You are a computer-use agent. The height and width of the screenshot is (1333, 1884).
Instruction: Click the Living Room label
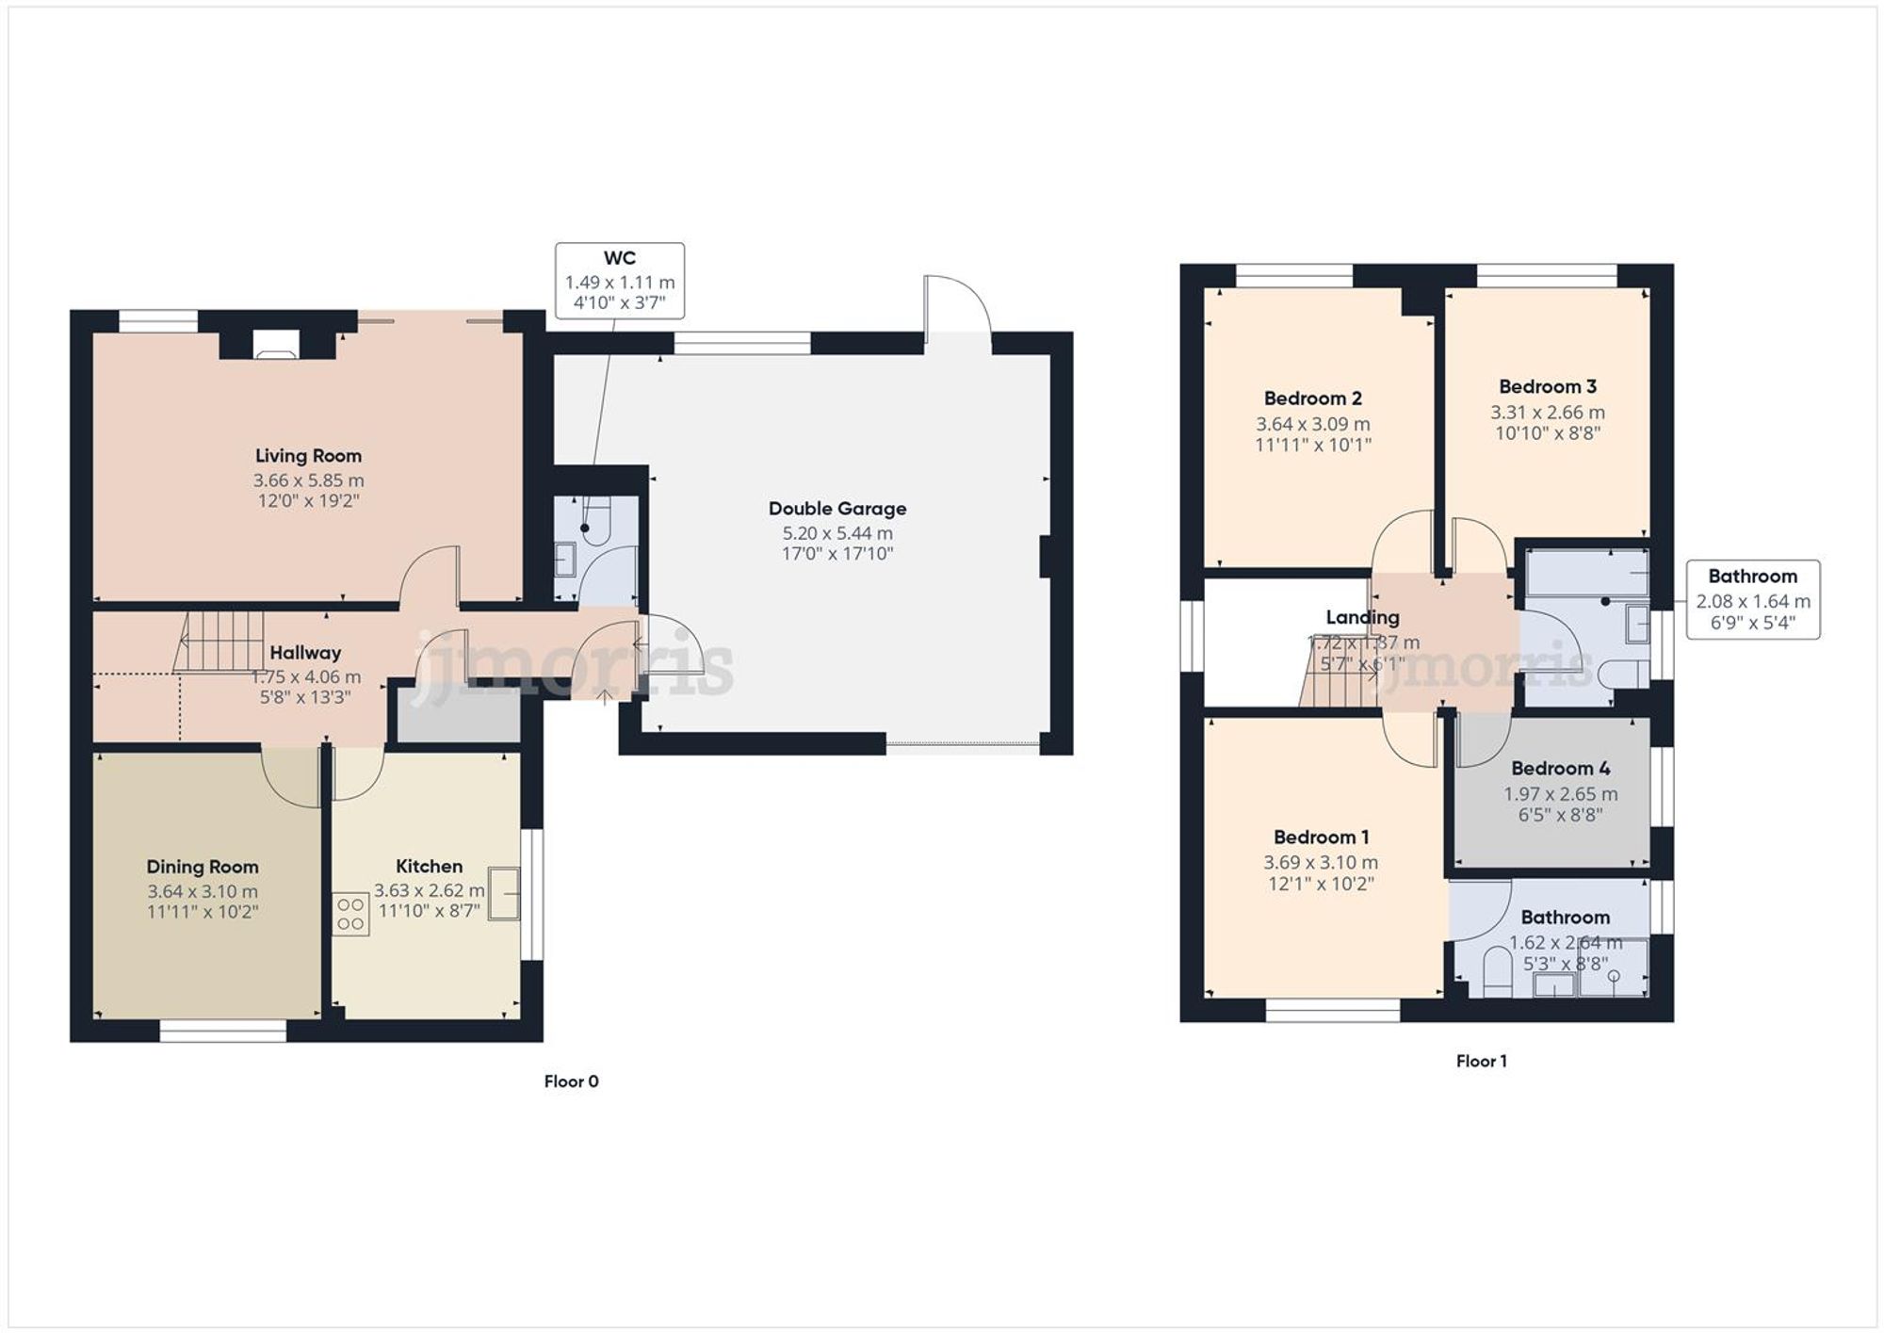click(308, 456)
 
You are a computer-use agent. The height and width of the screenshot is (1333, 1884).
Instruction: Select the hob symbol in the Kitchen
click(350, 914)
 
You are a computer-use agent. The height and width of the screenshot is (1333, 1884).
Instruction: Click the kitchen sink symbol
click(504, 892)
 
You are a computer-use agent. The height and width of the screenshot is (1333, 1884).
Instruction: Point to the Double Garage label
click(836, 509)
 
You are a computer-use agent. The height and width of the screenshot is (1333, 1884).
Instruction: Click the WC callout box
click(619, 281)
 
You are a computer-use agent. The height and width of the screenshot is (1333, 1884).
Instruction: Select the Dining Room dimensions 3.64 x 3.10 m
click(202, 891)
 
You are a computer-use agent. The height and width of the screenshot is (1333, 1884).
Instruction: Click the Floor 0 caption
click(571, 1081)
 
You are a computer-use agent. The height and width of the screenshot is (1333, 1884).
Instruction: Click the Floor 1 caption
click(1481, 1061)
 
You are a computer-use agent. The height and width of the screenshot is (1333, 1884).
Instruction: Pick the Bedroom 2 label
click(1312, 398)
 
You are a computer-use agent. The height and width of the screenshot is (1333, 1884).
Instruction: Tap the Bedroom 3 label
click(1547, 387)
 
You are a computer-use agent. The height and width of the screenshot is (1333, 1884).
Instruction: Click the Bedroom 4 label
click(1560, 769)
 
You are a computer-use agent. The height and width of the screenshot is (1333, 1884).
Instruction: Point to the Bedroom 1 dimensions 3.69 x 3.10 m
click(1320, 862)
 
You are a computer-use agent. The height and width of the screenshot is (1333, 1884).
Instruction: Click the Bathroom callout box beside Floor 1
click(1752, 599)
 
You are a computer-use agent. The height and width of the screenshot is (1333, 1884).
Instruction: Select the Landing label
click(1362, 618)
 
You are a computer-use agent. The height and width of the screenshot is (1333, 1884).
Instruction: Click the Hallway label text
click(305, 653)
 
